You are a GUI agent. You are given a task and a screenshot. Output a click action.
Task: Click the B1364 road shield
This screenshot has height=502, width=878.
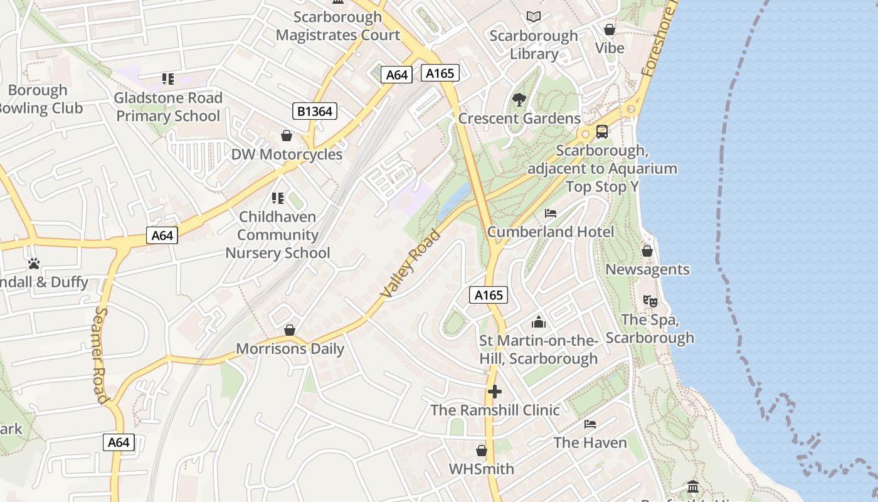tap(315, 112)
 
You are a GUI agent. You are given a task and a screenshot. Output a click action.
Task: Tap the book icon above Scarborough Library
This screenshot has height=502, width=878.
tap(534, 16)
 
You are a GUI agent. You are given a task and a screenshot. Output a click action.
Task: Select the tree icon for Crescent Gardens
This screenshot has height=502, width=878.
tap(519, 99)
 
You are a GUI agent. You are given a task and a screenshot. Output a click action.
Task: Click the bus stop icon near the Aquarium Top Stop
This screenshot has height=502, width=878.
tap(602, 132)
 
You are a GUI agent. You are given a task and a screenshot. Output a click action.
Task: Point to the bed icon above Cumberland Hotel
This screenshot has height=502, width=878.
tap(551, 213)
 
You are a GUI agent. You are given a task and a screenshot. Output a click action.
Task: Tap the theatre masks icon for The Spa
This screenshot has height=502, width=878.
tap(650, 301)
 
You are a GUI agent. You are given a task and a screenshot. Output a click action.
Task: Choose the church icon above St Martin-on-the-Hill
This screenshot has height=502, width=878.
tap(538, 323)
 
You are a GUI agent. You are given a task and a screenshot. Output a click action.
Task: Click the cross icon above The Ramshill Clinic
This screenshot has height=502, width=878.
tap(495, 392)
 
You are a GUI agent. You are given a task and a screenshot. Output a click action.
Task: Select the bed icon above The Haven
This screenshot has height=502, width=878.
tap(590, 424)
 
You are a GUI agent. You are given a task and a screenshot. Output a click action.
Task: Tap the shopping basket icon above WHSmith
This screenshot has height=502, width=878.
tap(482, 451)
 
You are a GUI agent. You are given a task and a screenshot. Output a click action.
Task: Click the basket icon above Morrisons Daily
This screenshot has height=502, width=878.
tap(290, 330)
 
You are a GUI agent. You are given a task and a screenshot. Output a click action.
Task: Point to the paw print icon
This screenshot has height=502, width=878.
tap(34, 264)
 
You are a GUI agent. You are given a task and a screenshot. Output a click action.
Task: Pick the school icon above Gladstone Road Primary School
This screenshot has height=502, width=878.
tap(168, 79)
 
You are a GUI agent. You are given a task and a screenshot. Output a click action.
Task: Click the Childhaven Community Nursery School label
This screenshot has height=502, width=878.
tap(278, 235)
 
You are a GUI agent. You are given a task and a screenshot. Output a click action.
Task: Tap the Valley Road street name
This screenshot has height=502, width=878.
tap(411, 264)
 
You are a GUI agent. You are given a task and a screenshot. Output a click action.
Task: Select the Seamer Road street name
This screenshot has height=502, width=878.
tap(102, 355)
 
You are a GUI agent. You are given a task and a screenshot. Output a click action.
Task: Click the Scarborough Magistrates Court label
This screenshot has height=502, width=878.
tap(337, 26)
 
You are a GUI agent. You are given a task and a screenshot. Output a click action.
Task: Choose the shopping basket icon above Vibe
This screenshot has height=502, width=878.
tap(609, 29)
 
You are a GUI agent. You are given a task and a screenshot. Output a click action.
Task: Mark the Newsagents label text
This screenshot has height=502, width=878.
tap(647, 269)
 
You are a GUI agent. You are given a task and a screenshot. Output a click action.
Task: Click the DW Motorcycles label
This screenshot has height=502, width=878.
tap(287, 154)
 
